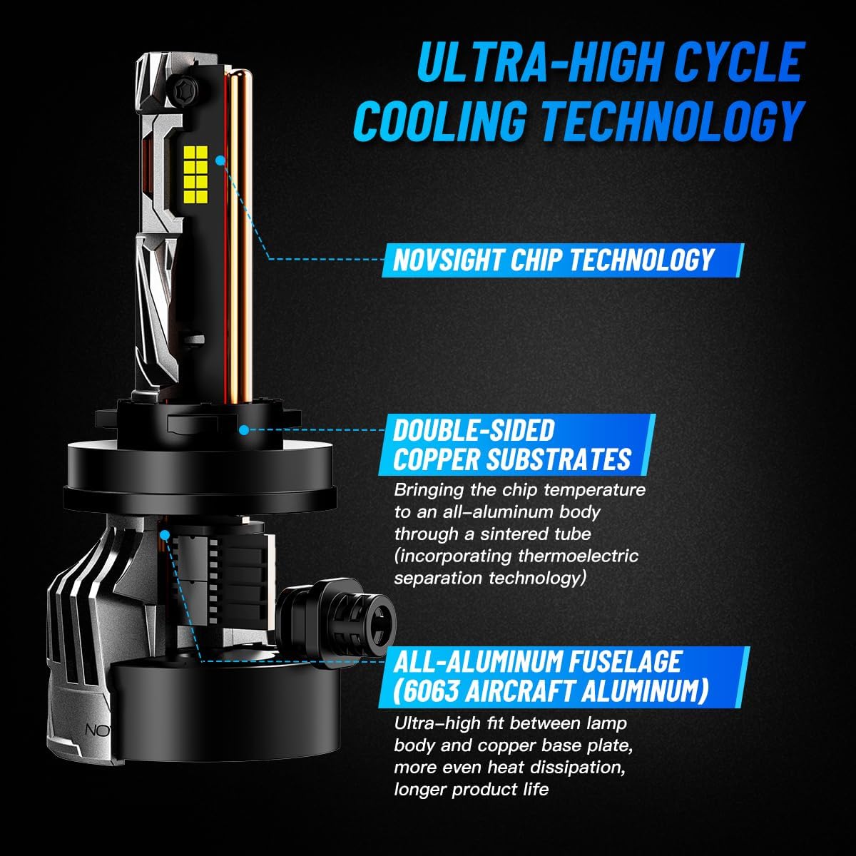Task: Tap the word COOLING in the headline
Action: (x=440, y=121)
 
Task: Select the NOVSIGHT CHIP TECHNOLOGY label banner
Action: (x=563, y=260)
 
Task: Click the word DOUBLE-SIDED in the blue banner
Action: (x=474, y=430)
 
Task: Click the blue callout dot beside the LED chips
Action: (x=220, y=160)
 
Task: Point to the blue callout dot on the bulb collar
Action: (x=244, y=429)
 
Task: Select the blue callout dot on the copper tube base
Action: (x=165, y=535)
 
